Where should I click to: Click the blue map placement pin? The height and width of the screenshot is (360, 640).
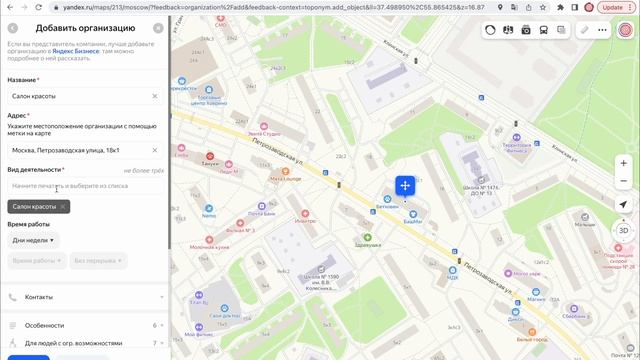pos(404,186)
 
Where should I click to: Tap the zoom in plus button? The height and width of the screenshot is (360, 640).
pos(623,163)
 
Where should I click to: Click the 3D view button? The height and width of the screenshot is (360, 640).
pos(623,230)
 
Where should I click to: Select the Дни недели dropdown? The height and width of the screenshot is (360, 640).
pos(34,240)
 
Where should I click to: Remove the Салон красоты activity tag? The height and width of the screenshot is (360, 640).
pos(63,206)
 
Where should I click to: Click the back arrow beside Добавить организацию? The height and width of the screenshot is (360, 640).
pos(13,28)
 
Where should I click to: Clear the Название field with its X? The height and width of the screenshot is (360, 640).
pos(155,96)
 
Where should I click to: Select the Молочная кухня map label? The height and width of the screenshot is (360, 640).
pos(211,246)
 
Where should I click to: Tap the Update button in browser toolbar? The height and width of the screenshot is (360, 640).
pos(613,8)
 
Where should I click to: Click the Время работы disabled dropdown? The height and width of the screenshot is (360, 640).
pos(36,260)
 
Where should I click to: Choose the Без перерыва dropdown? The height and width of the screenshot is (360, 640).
pos(97,260)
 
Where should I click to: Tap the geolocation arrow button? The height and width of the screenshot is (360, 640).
pos(623,204)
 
